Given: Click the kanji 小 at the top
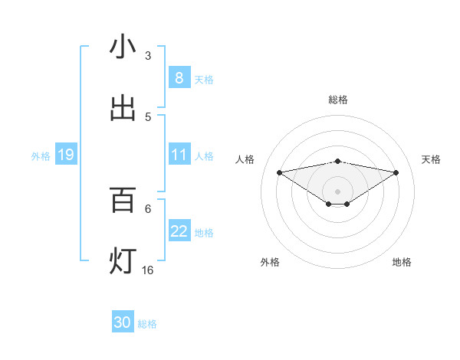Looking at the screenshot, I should point(123,47).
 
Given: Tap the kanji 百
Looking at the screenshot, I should point(123,200).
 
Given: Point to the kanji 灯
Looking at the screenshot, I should point(123,261).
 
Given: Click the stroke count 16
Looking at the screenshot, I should point(148,270).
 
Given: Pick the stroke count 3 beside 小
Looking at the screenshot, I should point(148,55).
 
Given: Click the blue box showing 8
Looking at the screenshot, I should point(179,78).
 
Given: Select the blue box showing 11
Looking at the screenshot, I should point(179,155).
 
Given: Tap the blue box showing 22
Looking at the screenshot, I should point(179,231).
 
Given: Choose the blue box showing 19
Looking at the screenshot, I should point(65,155).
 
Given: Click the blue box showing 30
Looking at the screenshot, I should point(123,322).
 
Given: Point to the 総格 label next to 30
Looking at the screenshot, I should point(147,324).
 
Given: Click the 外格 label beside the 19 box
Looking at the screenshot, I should point(41,156).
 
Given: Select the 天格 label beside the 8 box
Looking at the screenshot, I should point(203,80).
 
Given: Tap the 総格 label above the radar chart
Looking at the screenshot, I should point(338,100).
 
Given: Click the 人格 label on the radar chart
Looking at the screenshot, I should point(245,159).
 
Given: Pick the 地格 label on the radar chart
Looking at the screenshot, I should point(402,262).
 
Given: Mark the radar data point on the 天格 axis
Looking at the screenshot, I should point(396,172).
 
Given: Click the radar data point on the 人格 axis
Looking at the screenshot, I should point(279,172).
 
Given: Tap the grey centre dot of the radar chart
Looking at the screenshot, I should point(338,191).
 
